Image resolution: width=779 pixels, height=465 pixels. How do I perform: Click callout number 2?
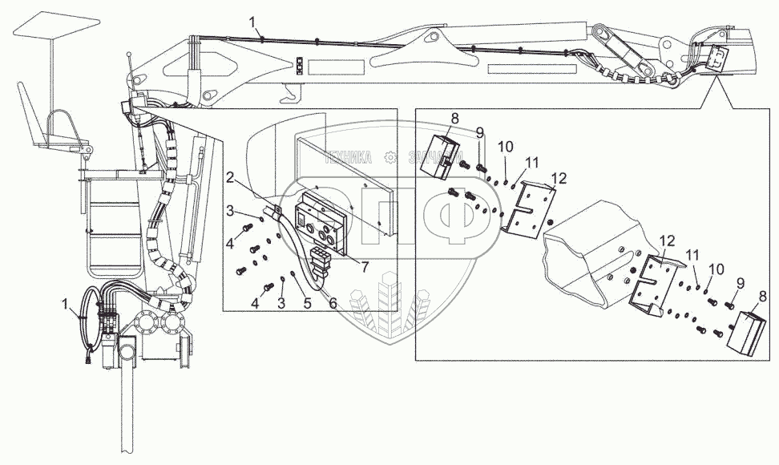pyautogui.click(x=229, y=177)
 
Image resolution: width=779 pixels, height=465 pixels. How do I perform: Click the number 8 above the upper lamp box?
pyautogui.click(x=455, y=119)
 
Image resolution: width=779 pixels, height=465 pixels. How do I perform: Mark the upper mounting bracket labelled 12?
pyautogui.click(x=528, y=206)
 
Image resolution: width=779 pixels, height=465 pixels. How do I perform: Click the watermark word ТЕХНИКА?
pyautogui.click(x=350, y=157)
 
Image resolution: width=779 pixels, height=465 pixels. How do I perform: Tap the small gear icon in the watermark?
pyautogui.click(x=391, y=157)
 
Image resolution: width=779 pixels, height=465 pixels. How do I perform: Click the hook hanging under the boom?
pyautogui.click(x=286, y=97)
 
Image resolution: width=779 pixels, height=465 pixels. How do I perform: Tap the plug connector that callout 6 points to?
pyautogui.click(x=318, y=259)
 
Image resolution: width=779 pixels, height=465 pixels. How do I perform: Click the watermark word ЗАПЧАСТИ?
pyautogui.click(x=434, y=157)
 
